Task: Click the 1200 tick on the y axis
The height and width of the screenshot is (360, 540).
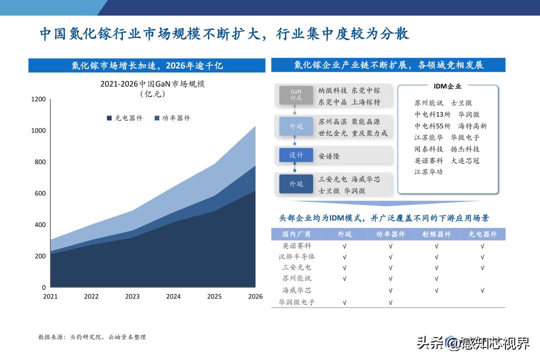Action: [38, 99]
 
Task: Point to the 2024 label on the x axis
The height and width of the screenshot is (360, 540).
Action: [173, 296]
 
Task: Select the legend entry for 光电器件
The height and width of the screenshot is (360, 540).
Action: [124, 118]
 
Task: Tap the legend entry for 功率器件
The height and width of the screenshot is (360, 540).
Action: [172, 118]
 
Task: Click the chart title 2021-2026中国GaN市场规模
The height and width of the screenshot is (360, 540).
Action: [152, 84]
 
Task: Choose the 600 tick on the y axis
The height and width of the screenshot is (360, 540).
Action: [40, 193]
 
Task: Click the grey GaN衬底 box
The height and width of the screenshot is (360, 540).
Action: [296, 95]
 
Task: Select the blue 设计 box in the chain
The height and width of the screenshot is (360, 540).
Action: [296, 155]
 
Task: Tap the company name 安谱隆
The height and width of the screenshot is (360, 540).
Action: [329, 156]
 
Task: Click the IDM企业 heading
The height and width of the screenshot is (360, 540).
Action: [447, 86]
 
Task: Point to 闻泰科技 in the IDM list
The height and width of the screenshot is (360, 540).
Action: [428, 149]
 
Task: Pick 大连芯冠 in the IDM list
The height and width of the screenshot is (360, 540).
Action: [465, 160]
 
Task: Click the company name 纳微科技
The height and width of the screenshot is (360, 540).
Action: [332, 90]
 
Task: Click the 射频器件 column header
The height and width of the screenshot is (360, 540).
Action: [436, 234]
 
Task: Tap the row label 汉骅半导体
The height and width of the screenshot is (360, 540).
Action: [297, 256]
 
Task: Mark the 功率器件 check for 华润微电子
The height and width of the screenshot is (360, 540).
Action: [390, 302]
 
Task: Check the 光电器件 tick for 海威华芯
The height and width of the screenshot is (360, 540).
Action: [482, 290]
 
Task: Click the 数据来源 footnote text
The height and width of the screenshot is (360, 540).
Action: [92, 337]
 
